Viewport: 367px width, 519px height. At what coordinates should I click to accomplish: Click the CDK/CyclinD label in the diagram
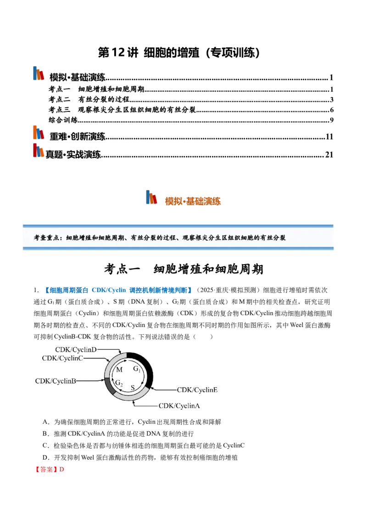pos(76,349)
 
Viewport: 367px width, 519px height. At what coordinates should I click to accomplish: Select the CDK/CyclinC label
pos(62,358)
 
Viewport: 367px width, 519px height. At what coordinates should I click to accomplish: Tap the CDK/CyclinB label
pos(56,381)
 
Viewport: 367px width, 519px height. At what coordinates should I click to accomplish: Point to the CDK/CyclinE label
pos(197,390)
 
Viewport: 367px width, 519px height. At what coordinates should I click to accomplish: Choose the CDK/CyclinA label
pos(179,406)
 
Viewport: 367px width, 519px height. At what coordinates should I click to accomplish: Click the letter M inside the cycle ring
pos(119,370)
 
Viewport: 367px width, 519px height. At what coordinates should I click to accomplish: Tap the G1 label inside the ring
pos(137,369)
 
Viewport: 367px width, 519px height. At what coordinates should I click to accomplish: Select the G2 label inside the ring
pos(119,383)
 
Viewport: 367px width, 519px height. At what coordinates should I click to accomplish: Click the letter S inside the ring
pos(133,387)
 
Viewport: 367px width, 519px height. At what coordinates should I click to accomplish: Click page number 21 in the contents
pos(329,155)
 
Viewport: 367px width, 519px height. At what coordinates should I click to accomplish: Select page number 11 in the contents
pos(329,137)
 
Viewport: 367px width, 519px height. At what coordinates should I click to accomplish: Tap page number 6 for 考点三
pos(332,110)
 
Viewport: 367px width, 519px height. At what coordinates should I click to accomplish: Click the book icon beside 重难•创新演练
pos(39,133)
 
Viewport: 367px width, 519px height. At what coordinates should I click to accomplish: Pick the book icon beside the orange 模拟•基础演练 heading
pos(151,197)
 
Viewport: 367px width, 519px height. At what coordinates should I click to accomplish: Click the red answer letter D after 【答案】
pos(61,469)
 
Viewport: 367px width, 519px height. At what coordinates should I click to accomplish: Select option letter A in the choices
pos(45,422)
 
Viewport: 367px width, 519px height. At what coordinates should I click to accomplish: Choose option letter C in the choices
pos(45,446)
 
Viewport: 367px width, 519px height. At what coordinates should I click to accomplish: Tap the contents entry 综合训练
pos(63,120)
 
